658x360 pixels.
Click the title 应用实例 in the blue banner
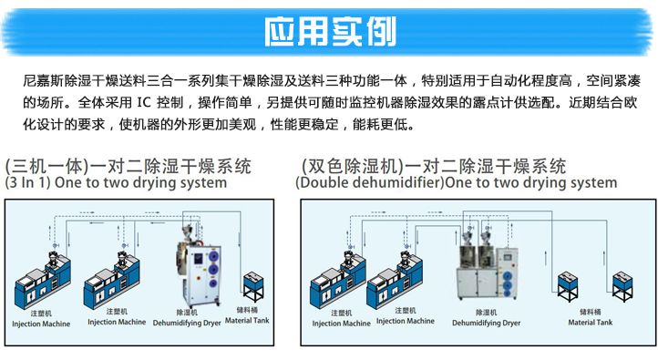[330, 31]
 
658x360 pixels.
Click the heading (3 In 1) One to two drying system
[116, 182]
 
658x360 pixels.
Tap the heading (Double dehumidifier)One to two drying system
[456, 182]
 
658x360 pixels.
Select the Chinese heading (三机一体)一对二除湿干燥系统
[128, 166]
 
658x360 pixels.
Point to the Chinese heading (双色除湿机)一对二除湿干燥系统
[434, 166]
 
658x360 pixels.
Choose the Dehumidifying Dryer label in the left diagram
[188, 321]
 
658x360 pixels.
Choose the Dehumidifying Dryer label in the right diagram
[488, 322]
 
